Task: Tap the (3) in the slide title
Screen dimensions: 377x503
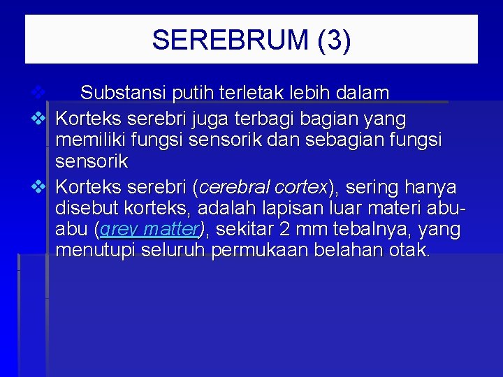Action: click(333, 40)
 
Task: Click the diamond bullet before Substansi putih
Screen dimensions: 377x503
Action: click(38, 92)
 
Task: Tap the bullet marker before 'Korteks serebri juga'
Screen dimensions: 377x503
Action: click(38, 119)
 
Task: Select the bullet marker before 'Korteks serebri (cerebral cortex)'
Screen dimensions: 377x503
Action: click(38, 187)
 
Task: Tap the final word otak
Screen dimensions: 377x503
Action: click(407, 250)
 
